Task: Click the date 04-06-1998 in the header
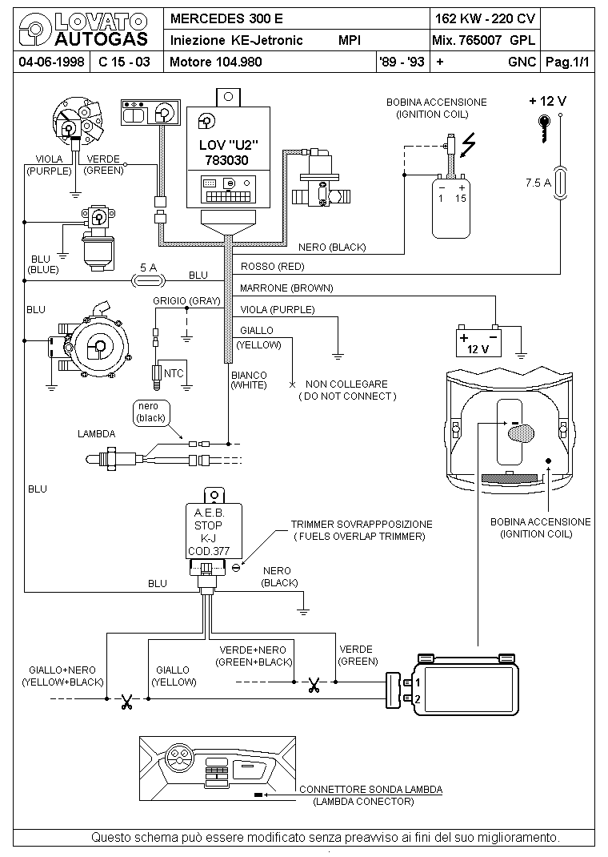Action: [51, 62]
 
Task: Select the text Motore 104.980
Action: [215, 62]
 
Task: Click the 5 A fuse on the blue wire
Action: [149, 281]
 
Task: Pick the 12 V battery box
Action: [478, 342]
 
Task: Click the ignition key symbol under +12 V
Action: [544, 127]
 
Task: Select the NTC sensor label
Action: [174, 374]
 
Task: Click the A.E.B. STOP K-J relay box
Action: [214, 531]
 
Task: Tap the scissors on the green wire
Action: [314, 685]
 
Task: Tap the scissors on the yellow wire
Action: [127, 702]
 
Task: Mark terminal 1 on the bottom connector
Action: [418, 682]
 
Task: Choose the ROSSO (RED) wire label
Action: [272, 267]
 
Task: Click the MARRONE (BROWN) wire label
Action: [286, 288]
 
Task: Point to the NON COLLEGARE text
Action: [346, 384]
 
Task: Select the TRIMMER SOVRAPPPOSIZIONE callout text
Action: [362, 524]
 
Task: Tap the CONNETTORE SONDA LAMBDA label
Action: [371, 789]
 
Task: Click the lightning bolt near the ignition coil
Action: [468, 145]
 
